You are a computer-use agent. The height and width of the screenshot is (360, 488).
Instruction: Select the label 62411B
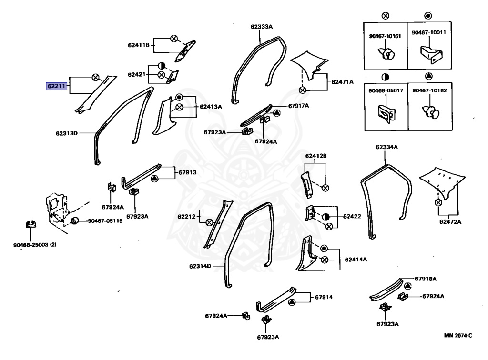(x=139, y=45)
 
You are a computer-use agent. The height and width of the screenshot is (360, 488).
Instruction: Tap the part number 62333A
(x=261, y=27)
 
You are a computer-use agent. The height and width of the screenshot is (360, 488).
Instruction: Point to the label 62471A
(x=343, y=82)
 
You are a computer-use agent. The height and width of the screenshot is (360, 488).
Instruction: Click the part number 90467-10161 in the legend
(x=385, y=35)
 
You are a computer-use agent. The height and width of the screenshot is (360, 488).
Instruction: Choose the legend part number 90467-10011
(x=428, y=32)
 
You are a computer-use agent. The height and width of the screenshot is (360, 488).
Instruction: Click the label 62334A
(x=386, y=147)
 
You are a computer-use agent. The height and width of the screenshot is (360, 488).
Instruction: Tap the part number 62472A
(x=450, y=221)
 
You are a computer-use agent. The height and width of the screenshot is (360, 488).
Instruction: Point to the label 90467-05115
(x=105, y=221)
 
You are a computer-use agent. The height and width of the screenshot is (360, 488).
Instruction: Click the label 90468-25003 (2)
(x=34, y=245)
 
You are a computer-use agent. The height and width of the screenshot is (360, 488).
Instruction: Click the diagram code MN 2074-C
(x=457, y=336)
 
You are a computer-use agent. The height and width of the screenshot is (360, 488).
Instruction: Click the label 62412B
(x=316, y=156)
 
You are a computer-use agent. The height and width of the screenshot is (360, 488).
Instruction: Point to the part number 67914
(x=324, y=298)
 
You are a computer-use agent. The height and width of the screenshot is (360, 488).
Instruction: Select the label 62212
(x=187, y=217)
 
